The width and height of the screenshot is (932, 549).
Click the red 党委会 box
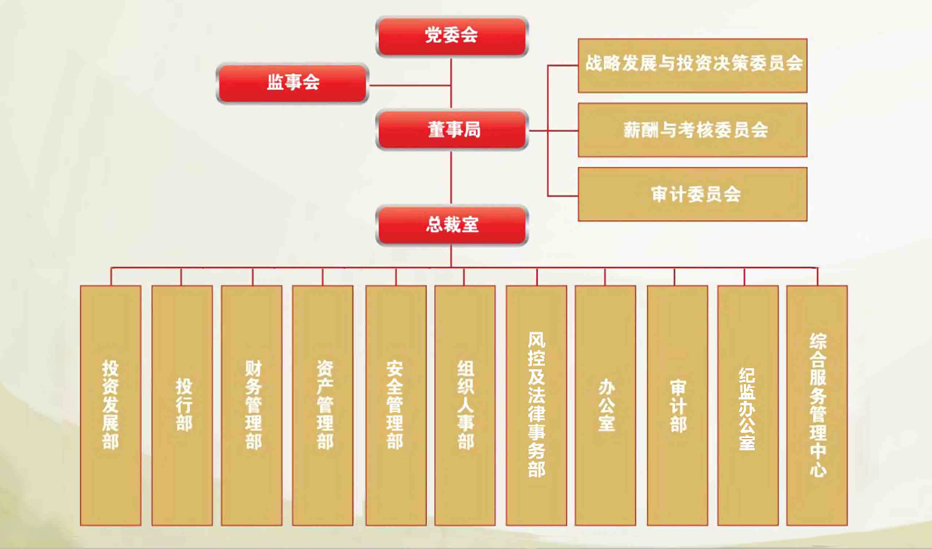(452, 36)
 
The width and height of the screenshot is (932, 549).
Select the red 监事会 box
(293, 83)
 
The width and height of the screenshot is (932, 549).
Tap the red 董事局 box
(452, 130)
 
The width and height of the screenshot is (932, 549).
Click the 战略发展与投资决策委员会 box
(693, 65)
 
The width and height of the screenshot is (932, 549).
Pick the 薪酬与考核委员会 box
(693, 130)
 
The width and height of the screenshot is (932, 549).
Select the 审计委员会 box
(693, 194)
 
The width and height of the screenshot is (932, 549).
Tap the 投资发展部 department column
(111, 406)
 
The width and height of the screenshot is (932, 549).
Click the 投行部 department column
(182, 406)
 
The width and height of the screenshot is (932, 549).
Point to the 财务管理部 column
(252, 406)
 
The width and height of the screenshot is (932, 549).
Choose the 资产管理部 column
(323, 406)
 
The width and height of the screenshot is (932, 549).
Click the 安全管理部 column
(396, 406)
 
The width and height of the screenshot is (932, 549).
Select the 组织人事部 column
(465, 406)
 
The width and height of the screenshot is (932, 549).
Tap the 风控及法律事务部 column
(536, 406)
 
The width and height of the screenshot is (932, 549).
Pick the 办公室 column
(605, 406)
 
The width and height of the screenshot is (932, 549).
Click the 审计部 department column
(677, 406)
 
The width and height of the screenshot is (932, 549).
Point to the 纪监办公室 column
(748, 406)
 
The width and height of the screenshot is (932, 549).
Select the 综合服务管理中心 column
(817, 406)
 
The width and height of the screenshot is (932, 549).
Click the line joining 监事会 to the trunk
(410, 85)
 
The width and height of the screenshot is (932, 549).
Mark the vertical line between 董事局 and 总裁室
(451, 178)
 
